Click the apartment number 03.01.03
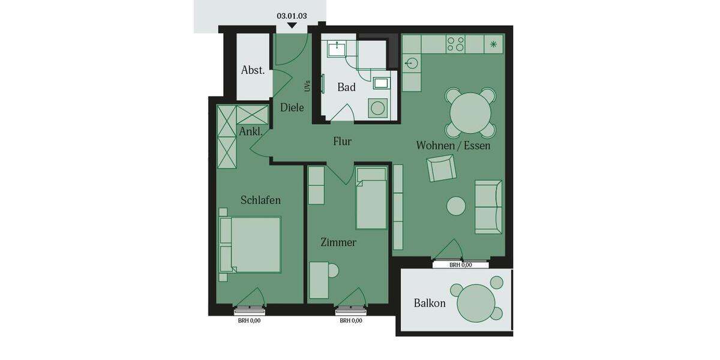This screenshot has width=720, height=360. tap(292, 16)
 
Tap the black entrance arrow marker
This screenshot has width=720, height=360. tap(292, 26)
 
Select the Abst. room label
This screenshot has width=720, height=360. tap(253, 70)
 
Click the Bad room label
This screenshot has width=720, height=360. tap(346, 87)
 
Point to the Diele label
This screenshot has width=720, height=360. tap(292, 107)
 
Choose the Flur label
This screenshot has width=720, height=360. tap(343, 142)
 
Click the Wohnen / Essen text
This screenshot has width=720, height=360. tap(453, 145)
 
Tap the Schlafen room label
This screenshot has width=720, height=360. tap(260, 200)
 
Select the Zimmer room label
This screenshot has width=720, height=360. tap(338, 242)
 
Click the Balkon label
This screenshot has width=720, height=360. tap(430, 303)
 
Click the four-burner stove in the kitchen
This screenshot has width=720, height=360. tap(456, 44)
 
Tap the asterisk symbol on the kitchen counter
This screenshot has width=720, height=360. tap(494, 44)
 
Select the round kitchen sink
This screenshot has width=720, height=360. tap(412, 63)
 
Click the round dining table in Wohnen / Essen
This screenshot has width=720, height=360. tap(470, 113)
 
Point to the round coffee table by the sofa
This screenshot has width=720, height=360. tap(456, 206)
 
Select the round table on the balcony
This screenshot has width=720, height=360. tap(476, 303)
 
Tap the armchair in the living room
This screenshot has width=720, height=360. tap(442, 168)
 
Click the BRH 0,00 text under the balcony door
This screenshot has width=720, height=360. tap(461, 265)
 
